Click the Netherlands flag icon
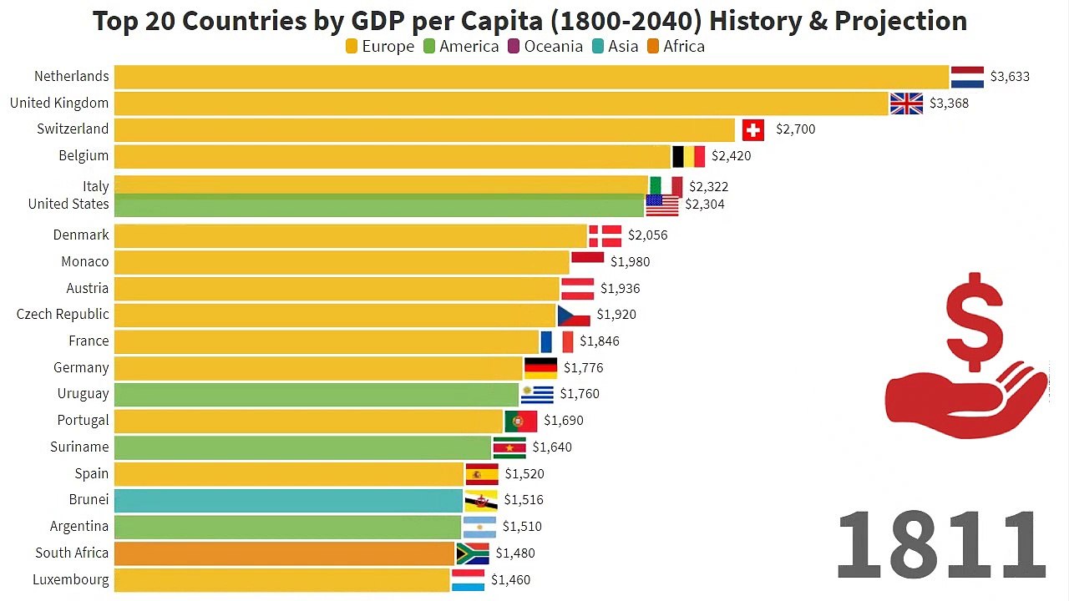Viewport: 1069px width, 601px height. coord(967,77)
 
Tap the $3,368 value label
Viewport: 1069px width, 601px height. coord(949,103)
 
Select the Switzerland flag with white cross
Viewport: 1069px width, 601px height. coord(753,129)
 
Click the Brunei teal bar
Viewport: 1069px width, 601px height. coord(288,500)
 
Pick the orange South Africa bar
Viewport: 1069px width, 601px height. coord(285,553)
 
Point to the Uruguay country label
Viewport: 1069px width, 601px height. coord(83,394)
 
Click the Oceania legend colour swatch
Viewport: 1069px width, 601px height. coord(514,47)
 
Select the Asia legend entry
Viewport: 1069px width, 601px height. coord(616,46)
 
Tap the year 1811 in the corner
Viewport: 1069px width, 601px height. coord(941,543)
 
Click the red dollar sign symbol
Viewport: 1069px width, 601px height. coord(975,322)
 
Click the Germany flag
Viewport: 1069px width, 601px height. coord(540,368)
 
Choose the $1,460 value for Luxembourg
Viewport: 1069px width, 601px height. coord(510,580)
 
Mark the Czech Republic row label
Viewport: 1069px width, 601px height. coord(63,315)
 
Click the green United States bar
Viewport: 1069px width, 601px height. coord(379,205)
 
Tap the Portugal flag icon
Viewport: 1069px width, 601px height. coord(520,421)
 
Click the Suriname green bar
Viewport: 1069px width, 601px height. coord(302,447)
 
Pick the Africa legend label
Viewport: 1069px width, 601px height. coord(684,46)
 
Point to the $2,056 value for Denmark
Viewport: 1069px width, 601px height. coord(647,235)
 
